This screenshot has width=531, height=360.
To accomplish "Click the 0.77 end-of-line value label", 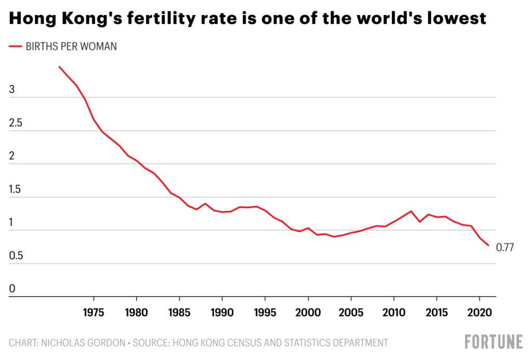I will (505, 248).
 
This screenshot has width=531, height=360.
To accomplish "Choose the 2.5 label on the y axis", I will (17, 124).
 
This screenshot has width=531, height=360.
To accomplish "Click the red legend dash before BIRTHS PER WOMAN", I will (16, 47).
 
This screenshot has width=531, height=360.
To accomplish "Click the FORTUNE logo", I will (494, 342).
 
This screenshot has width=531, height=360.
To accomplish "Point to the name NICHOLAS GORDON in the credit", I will (86, 342).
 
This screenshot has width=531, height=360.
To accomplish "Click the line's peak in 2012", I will (411, 211).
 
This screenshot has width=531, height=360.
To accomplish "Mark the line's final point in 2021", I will (488, 246).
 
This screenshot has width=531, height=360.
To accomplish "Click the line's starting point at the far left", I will (59, 66).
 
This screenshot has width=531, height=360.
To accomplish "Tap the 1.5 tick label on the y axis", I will (17, 190).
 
